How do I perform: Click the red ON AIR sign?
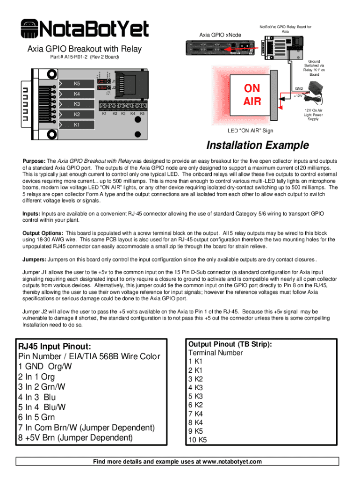(x=252, y=94)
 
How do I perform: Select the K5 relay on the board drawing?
(x=77, y=84)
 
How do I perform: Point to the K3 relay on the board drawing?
(x=77, y=104)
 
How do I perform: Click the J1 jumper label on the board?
(x=114, y=80)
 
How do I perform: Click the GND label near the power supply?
(x=299, y=88)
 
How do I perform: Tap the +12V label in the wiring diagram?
(x=298, y=96)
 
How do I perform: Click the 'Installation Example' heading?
(x=258, y=145)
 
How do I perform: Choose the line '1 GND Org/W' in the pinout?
(x=45, y=367)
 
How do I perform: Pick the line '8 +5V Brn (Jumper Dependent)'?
(x=75, y=438)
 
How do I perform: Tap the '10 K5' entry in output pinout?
(x=197, y=440)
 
